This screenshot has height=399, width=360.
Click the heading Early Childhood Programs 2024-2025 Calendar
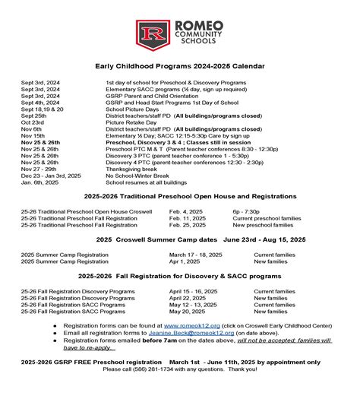180,66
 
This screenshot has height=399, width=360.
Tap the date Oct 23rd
32,122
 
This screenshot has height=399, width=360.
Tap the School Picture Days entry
132,108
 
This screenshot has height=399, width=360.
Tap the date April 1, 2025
188,262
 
